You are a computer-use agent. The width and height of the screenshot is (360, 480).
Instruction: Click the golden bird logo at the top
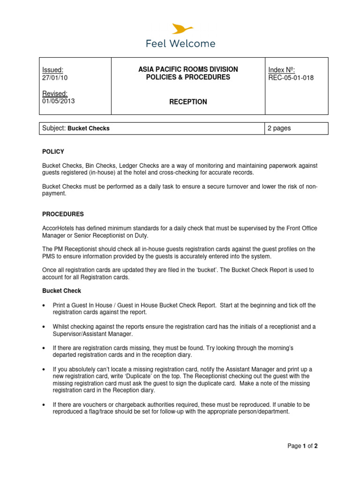[x=180, y=29]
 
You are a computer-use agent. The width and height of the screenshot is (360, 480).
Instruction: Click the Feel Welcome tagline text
[x=180, y=44]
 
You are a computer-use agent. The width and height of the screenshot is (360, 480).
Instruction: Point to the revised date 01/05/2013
[x=58, y=101]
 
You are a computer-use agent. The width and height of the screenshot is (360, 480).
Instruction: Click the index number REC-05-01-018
[x=291, y=78]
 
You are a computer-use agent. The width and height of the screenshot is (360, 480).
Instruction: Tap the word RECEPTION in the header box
[x=188, y=102]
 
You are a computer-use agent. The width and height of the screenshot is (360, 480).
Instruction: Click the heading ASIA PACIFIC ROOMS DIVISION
[x=188, y=69]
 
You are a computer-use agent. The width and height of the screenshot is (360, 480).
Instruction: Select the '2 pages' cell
[x=279, y=128]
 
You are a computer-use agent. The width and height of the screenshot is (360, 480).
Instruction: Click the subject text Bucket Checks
[x=89, y=128]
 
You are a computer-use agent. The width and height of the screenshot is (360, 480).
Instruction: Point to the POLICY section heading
[x=53, y=152]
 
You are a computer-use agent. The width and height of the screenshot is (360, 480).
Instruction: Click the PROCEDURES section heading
[x=63, y=214]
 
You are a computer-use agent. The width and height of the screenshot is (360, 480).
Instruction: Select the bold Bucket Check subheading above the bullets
[x=61, y=291]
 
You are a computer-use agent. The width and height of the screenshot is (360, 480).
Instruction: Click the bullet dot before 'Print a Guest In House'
[x=44, y=306]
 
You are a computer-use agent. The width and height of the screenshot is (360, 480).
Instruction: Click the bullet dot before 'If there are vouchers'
[x=44, y=405]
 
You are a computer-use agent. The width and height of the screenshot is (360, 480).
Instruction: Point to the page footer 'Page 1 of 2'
[x=303, y=446]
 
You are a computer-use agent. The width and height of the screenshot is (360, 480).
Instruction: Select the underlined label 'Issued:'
[x=52, y=70]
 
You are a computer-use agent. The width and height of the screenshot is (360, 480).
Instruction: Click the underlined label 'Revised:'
[x=54, y=93]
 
